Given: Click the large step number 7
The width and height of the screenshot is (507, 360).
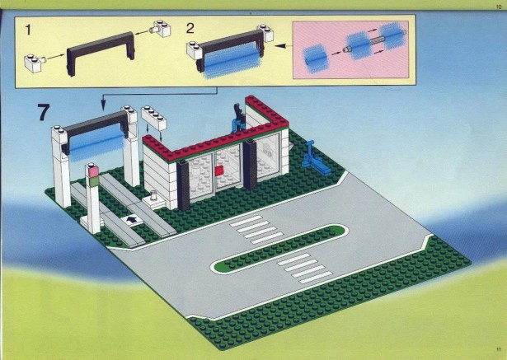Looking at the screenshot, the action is coord(44,112).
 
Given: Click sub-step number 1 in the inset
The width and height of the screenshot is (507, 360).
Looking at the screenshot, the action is coord(28,30).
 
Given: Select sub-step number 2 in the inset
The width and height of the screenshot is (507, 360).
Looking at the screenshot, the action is coord(190,29).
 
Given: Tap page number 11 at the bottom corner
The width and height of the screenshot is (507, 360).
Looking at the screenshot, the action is coord(498,349).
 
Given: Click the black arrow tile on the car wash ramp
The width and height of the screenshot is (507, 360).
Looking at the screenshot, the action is coord(132,221).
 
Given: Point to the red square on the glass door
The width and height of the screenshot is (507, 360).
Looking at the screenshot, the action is coord(219,171).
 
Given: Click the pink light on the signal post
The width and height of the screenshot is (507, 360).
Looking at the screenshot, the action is coord(93,171).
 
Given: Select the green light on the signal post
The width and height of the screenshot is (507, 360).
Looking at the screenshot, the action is coord(94,181).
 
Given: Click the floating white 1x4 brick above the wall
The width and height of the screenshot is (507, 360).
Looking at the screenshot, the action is coord(154,118).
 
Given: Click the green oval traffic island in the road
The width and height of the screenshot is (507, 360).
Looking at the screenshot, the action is coord(279,249).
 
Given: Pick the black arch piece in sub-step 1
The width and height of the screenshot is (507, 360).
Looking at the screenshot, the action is coord(101,53).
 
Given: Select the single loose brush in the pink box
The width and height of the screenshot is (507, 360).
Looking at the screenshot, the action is coord(317,59).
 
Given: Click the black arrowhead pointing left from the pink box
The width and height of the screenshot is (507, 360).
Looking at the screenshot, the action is coord(281,46).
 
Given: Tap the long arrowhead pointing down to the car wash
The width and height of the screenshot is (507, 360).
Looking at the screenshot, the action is coord(103,105).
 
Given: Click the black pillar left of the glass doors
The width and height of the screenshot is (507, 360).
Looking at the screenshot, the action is coord(183,186).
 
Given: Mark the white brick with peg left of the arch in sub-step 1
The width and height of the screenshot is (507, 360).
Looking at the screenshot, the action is coord(34,63).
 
